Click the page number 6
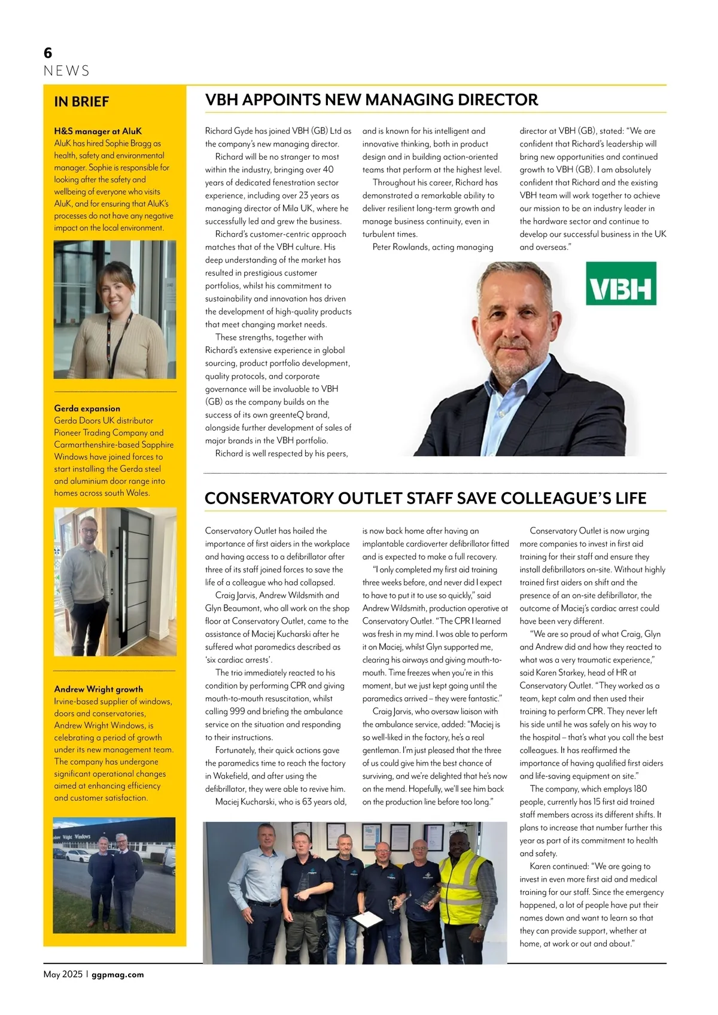pyautogui.click(x=48, y=53)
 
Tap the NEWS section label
pyautogui.click(x=66, y=71)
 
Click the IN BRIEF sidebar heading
pyautogui.click(x=81, y=102)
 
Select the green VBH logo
pyautogui.click(x=620, y=284)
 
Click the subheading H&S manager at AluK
pyautogui.click(x=98, y=131)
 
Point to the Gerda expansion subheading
pyautogui.click(x=87, y=409)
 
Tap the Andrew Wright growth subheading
pyautogui.click(x=98, y=689)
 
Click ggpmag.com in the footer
pyautogui.click(x=118, y=974)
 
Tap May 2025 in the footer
pyautogui.click(x=63, y=974)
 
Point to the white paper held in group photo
pyautogui.click(x=366, y=920)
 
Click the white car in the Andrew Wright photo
pyautogui.click(x=76, y=855)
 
